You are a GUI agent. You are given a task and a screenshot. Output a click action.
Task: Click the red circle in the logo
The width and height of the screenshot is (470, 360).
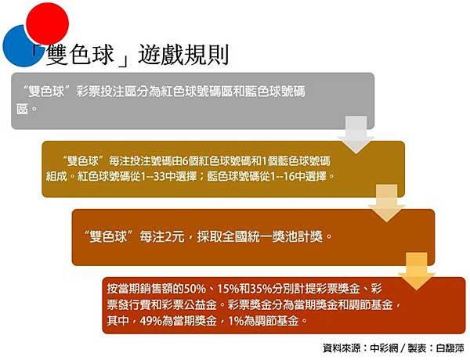tap(47, 23)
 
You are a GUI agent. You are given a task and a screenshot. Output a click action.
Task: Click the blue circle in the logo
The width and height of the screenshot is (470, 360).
tap(18, 48)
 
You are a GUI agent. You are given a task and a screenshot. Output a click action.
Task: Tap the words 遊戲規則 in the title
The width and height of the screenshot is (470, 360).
tap(184, 55)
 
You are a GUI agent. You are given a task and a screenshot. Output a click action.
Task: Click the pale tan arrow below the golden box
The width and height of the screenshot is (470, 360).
tap(387, 203)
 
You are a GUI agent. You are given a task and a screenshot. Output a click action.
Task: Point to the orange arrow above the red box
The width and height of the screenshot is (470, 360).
tap(417, 271)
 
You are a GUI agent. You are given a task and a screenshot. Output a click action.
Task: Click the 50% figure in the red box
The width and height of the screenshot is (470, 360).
tap(195, 289)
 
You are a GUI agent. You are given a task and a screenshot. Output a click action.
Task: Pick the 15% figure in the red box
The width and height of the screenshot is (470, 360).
tap(228, 289)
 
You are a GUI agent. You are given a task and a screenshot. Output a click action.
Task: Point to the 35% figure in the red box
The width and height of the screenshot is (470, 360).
tap(261, 289)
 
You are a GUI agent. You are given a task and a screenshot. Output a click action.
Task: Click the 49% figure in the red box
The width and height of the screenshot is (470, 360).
tap(151, 321)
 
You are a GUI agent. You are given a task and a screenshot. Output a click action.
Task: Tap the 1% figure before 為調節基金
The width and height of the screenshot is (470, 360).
tap(236, 321)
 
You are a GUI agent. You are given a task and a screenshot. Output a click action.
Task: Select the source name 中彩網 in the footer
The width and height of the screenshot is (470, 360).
tap(385, 348)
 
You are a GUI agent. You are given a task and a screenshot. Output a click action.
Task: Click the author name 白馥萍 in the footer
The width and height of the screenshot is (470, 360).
tap(450, 348)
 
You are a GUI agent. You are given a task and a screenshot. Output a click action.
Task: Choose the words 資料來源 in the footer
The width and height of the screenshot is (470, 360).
tap(342, 348)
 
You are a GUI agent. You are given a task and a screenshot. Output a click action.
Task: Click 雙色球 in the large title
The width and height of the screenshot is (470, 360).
tap(80, 55)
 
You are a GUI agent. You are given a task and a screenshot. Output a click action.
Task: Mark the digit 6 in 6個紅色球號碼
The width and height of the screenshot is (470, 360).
tap(186, 161)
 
